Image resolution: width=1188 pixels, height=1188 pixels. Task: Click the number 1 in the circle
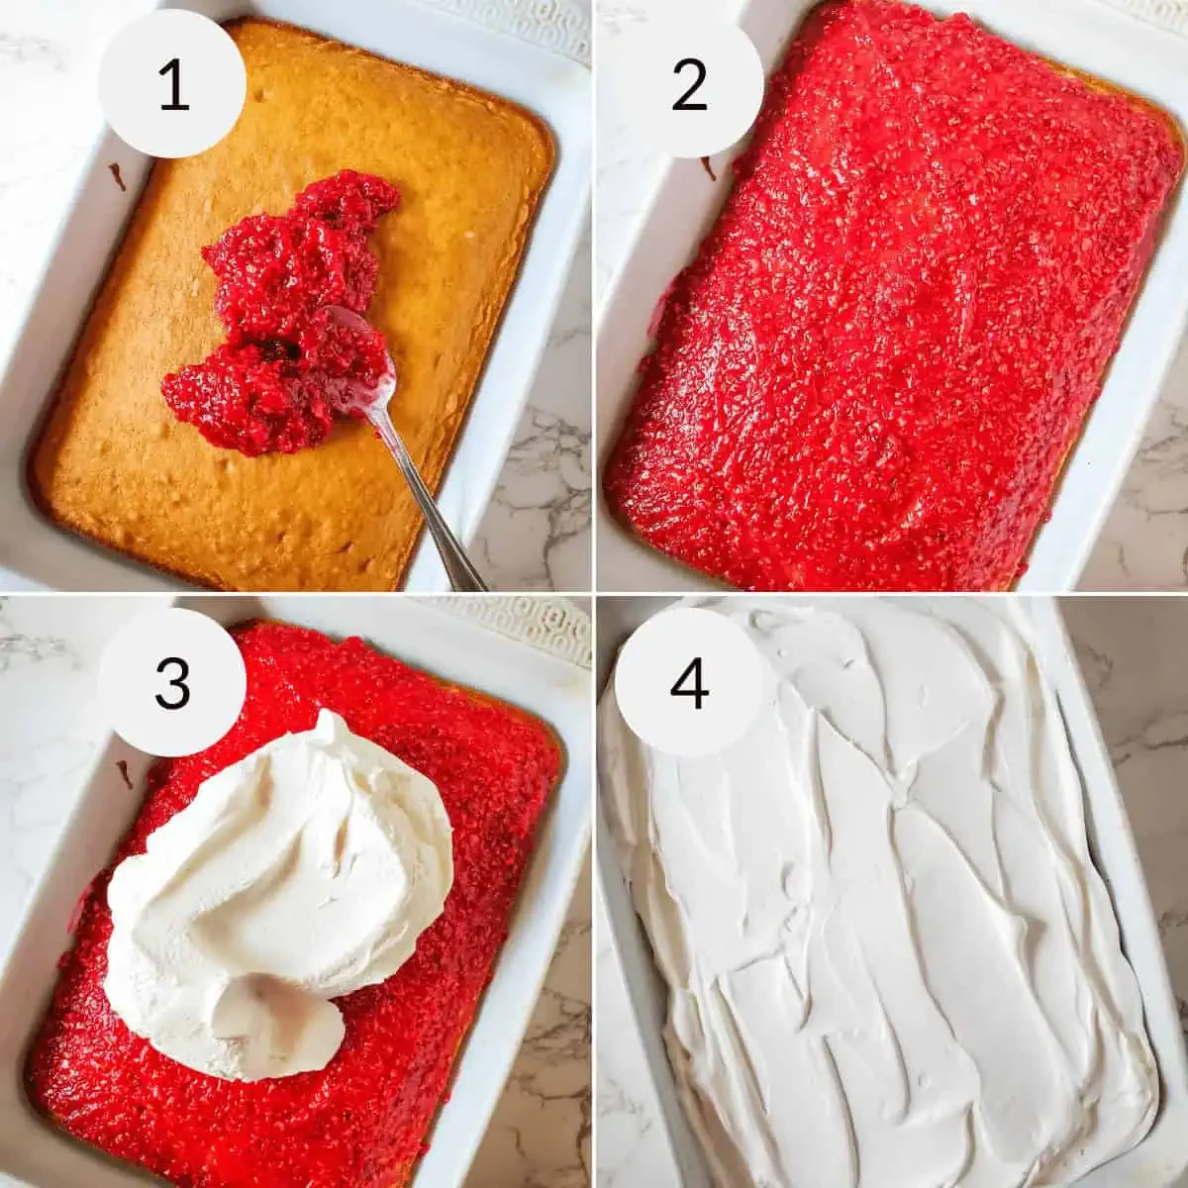[x=173, y=85]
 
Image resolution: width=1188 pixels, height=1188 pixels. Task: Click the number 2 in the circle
[x=689, y=85]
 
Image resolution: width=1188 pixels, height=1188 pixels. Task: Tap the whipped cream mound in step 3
[x=282, y=891]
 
